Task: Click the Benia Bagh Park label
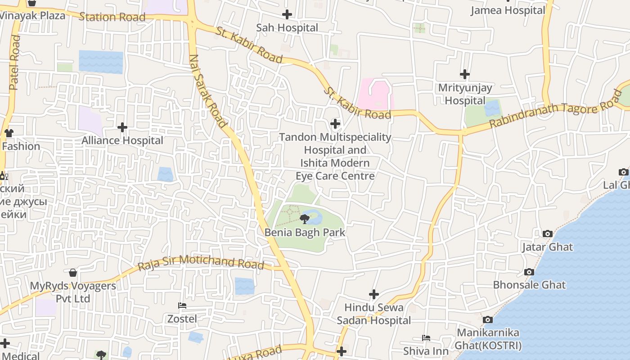[x=305, y=233]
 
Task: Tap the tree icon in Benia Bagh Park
[x=305, y=219]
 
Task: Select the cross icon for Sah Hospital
[x=287, y=14]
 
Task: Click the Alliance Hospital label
[x=122, y=140]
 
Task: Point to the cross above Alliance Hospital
[x=122, y=127]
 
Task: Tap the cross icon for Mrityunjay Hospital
[x=465, y=74]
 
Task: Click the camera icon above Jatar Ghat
[x=547, y=234]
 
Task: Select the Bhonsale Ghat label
[x=529, y=285]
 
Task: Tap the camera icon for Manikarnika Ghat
[x=487, y=319]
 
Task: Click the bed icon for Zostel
[x=182, y=306]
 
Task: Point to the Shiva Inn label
[x=426, y=351]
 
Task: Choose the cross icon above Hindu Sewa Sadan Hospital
[x=374, y=294]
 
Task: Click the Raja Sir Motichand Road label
[x=201, y=262]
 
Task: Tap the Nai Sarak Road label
[x=208, y=91]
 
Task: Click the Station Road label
[x=112, y=17]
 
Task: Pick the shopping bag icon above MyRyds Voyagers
[x=73, y=273]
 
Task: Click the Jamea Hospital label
[x=508, y=10]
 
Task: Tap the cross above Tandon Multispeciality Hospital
[x=335, y=123]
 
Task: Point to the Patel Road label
[x=14, y=63]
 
